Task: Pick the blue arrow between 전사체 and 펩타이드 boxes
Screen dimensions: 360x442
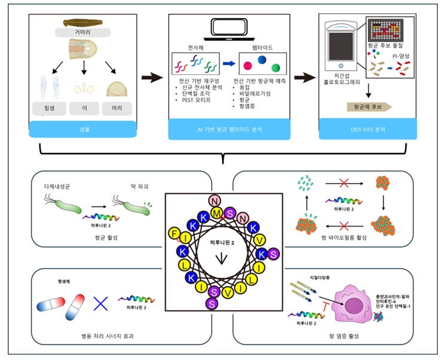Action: coord(228,63)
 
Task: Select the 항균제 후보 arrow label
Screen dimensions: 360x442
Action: coord(368,106)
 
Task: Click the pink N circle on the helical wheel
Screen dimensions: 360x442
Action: coord(215,200)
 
